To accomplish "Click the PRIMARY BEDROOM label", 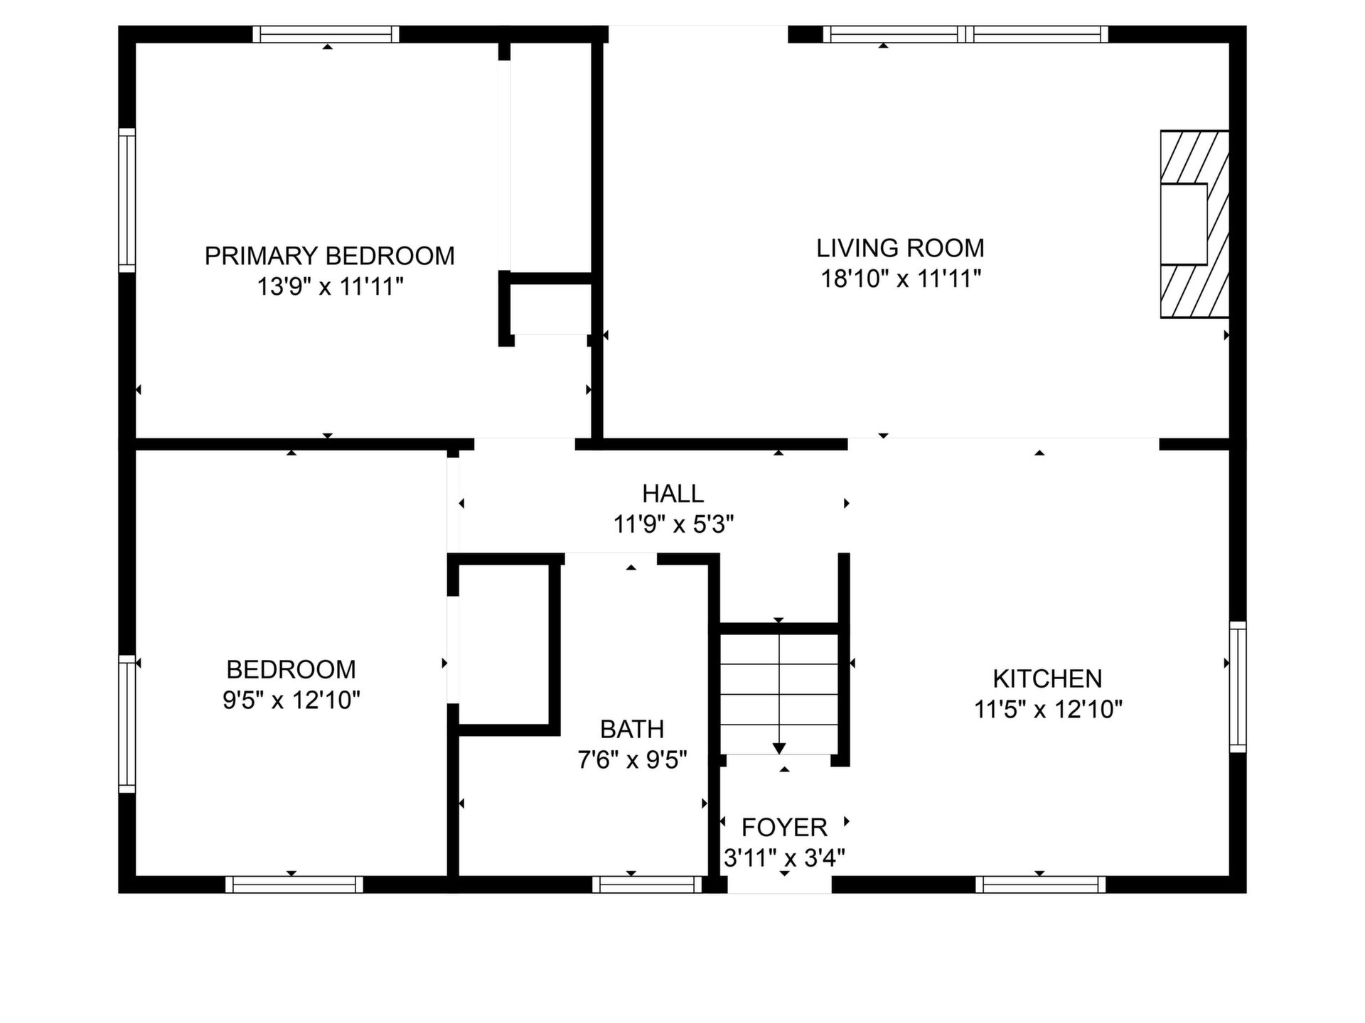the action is point(329,256).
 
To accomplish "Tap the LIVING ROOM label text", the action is point(900,248).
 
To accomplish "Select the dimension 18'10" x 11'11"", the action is point(901,278).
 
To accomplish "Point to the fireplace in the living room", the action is point(1194,224).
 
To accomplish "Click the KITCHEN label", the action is point(1047,678).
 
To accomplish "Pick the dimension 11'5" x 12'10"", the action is point(1048,709).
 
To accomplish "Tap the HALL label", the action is point(673,493).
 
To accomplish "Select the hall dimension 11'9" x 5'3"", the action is point(673,524).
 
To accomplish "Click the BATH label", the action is point(632,729).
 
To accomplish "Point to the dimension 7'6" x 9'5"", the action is point(632,760).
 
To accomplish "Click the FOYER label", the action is point(784,828).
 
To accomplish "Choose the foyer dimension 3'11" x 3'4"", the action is point(784,858).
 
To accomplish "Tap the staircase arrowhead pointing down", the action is point(779,749).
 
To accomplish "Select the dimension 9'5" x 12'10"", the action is point(291,700).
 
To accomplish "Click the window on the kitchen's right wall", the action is point(1238,687).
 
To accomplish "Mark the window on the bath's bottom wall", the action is point(647,884).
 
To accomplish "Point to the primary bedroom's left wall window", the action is point(127,200).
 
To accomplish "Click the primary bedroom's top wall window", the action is point(326,34).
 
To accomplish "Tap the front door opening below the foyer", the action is point(779,884).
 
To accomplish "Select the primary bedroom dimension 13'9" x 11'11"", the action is point(330,287).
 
